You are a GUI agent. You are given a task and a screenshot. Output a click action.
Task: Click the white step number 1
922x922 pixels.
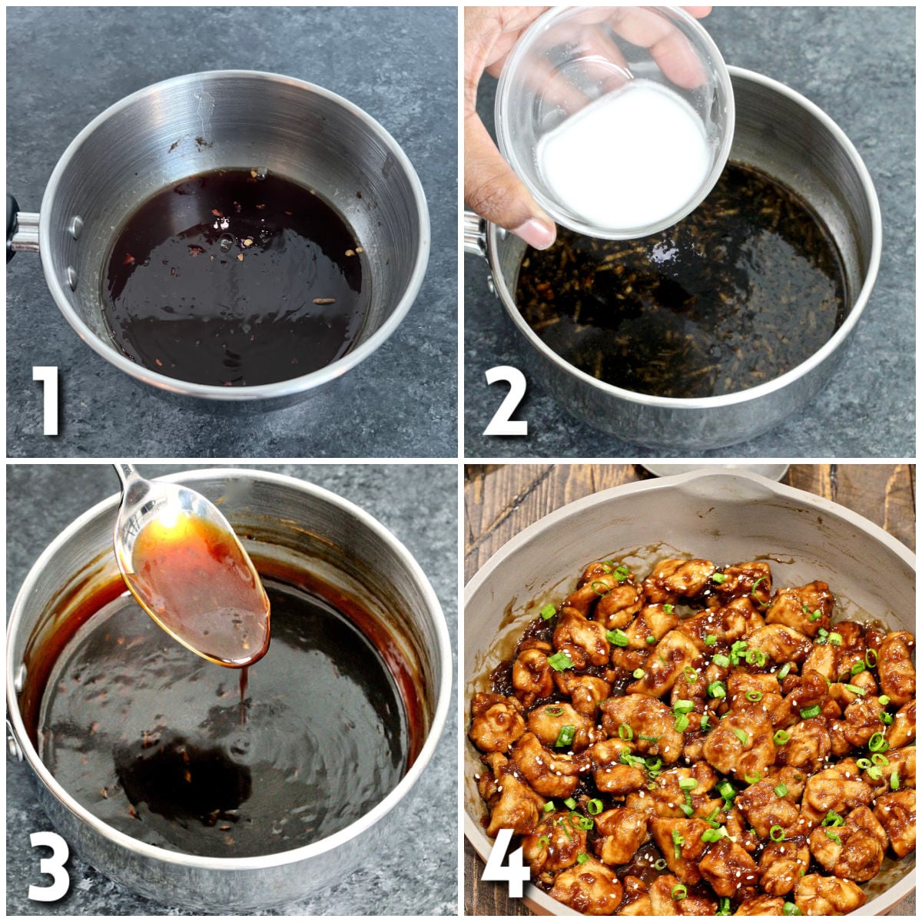[x=48, y=400]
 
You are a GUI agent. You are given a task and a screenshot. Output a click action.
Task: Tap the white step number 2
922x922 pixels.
[x=504, y=400]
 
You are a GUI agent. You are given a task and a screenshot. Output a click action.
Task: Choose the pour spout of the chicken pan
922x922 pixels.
[x=715, y=484]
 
